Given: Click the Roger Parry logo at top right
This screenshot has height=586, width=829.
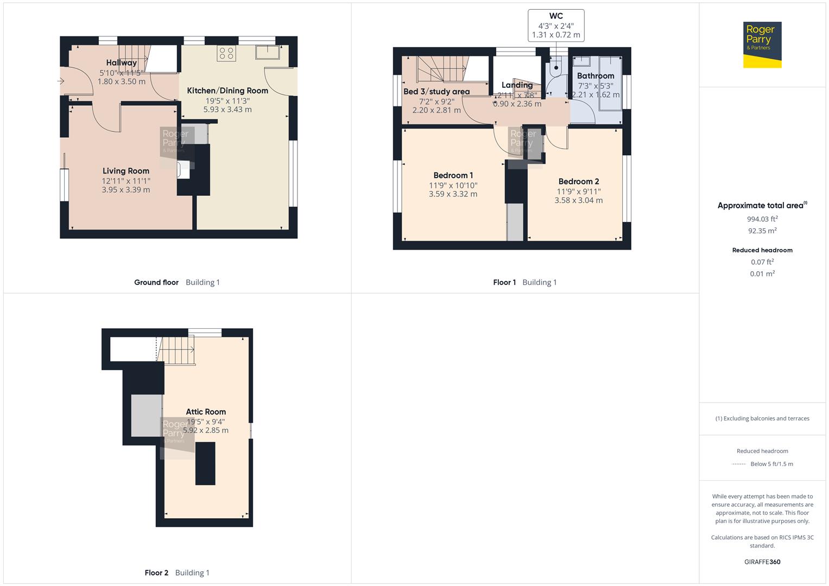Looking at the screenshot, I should click(x=762, y=44).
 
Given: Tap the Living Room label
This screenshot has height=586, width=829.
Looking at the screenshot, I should click(x=126, y=171).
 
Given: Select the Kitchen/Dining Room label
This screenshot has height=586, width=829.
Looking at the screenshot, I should click(x=227, y=91).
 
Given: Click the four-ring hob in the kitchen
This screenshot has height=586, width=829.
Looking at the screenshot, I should click(x=226, y=53).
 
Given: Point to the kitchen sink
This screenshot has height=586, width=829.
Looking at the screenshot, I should click(x=268, y=52).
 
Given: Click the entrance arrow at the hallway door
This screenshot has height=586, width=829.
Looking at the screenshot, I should click(x=60, y=81).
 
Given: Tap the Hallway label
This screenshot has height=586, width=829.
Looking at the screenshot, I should click(x=121, y=63).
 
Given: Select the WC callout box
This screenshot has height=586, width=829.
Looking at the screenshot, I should click(x=556, y=26).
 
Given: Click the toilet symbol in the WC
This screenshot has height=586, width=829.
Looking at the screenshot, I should click(x=555, y=66).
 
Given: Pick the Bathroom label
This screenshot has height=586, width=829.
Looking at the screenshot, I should click(x=596, y=76).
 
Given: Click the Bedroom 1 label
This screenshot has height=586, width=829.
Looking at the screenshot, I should click(x=453, y=175).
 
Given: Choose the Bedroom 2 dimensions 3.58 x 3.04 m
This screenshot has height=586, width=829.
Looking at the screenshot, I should click(x=578, y=200).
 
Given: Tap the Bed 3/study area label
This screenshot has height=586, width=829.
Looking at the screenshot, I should click(x=436, y=92).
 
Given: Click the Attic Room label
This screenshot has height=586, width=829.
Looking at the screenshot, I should click(x=206, y=412).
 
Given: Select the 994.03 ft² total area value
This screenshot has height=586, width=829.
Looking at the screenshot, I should click(x=762, y=219).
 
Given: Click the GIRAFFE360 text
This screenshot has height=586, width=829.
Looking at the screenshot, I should click(x=762, y=562).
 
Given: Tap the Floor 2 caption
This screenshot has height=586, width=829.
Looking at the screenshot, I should click(x=156, y=572).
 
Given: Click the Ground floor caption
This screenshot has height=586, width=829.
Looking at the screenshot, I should click(x=156, y=282).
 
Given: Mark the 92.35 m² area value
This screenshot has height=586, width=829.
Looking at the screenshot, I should click(x=762, y=231).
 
